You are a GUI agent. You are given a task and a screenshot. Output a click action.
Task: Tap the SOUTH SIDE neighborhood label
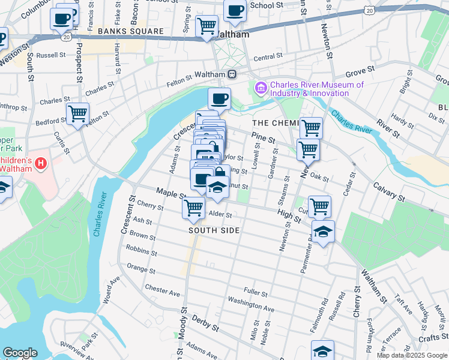point(214,230)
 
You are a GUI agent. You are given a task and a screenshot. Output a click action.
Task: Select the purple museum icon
point(261,89)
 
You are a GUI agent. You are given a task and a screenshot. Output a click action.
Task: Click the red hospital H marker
point(41,163)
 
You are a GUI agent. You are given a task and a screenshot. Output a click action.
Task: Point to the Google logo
point(20,353)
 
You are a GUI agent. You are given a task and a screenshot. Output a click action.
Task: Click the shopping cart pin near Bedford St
point(77,113)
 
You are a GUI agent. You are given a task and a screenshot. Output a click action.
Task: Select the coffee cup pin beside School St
point(235,10)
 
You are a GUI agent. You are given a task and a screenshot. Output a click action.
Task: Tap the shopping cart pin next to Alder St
point(193,208)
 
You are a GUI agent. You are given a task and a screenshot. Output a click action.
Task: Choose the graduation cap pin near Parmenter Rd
point(323,230)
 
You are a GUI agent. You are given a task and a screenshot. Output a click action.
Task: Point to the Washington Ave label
point(251,304)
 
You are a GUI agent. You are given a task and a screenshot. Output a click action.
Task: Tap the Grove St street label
point(360,71)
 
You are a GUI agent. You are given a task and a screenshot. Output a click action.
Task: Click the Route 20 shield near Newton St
point(370,10)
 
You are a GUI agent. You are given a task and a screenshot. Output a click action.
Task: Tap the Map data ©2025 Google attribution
point(411,355)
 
